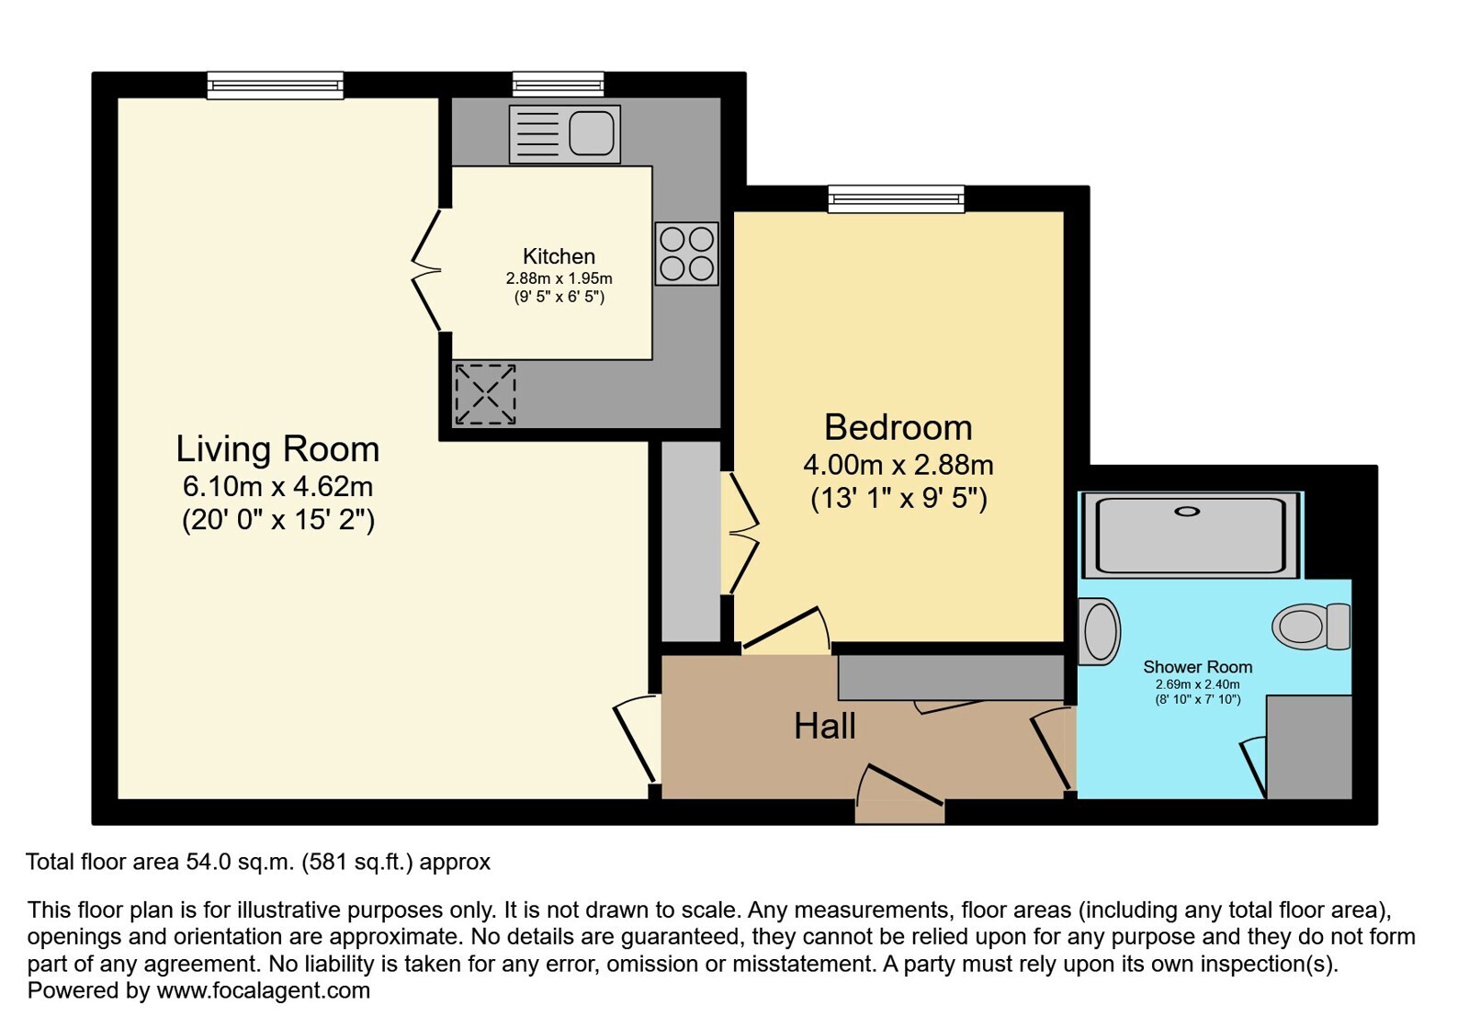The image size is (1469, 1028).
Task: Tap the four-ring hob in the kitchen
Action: [686, 254]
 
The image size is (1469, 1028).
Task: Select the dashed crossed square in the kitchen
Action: [485, 395]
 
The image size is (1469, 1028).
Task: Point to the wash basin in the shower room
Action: [1100, 631]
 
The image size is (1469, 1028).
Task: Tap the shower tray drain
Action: [1187, 512]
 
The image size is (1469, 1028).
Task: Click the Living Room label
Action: [278, 449]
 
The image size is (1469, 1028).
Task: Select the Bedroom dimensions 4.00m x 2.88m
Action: [898, 465]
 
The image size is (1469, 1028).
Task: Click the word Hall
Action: [825, 727]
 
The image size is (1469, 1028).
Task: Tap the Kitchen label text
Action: [559, 255]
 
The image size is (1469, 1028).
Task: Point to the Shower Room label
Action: [1197, 667]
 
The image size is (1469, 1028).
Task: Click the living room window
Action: [276, 85]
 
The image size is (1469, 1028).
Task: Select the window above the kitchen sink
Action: [558, 85]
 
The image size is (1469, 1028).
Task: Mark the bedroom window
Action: [897, 198]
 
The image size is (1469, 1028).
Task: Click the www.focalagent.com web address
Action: [263, 990]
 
